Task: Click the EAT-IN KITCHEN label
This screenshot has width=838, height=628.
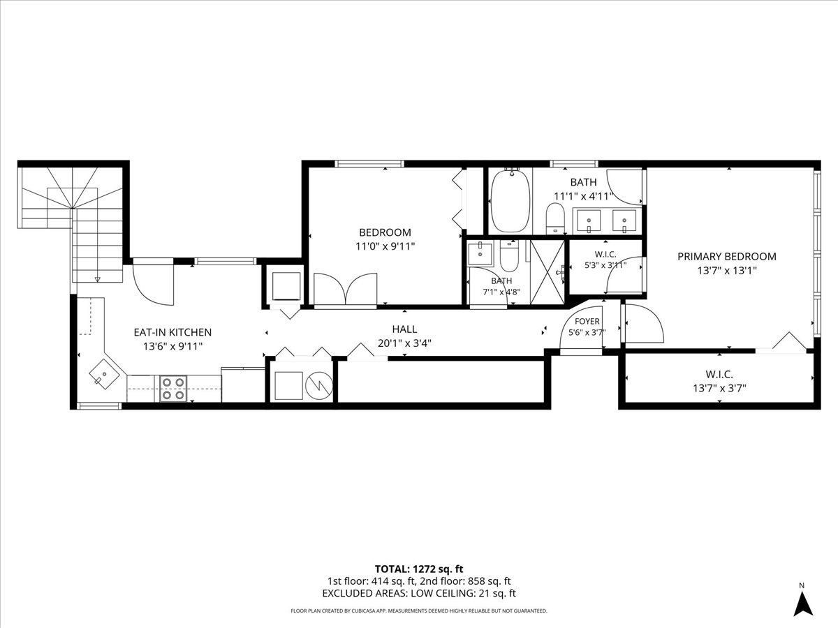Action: [172, 332]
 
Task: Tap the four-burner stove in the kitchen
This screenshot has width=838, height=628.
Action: [173, 389]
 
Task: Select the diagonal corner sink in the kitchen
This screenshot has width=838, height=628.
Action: [103, 374]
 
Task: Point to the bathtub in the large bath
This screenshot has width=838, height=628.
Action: [510, 200]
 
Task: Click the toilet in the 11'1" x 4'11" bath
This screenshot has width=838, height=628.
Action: [555, 218]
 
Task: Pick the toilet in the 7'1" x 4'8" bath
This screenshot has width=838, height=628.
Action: [509, 255]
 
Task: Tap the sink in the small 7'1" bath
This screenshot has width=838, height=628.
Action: [480, 253]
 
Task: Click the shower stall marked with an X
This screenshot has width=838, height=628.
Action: [547, 272]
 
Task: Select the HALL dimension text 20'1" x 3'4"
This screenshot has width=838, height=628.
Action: [404, 343]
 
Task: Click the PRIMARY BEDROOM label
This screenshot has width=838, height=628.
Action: [727, 257]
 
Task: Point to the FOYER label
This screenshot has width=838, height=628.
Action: [587, 322]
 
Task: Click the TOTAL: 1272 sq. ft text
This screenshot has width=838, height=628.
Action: [419, 569]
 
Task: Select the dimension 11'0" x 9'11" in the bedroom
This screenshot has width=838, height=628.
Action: [385, 246]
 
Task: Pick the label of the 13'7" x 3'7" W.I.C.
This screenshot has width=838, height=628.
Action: [719, 374]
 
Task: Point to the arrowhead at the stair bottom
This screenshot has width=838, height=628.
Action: [97, 280]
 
